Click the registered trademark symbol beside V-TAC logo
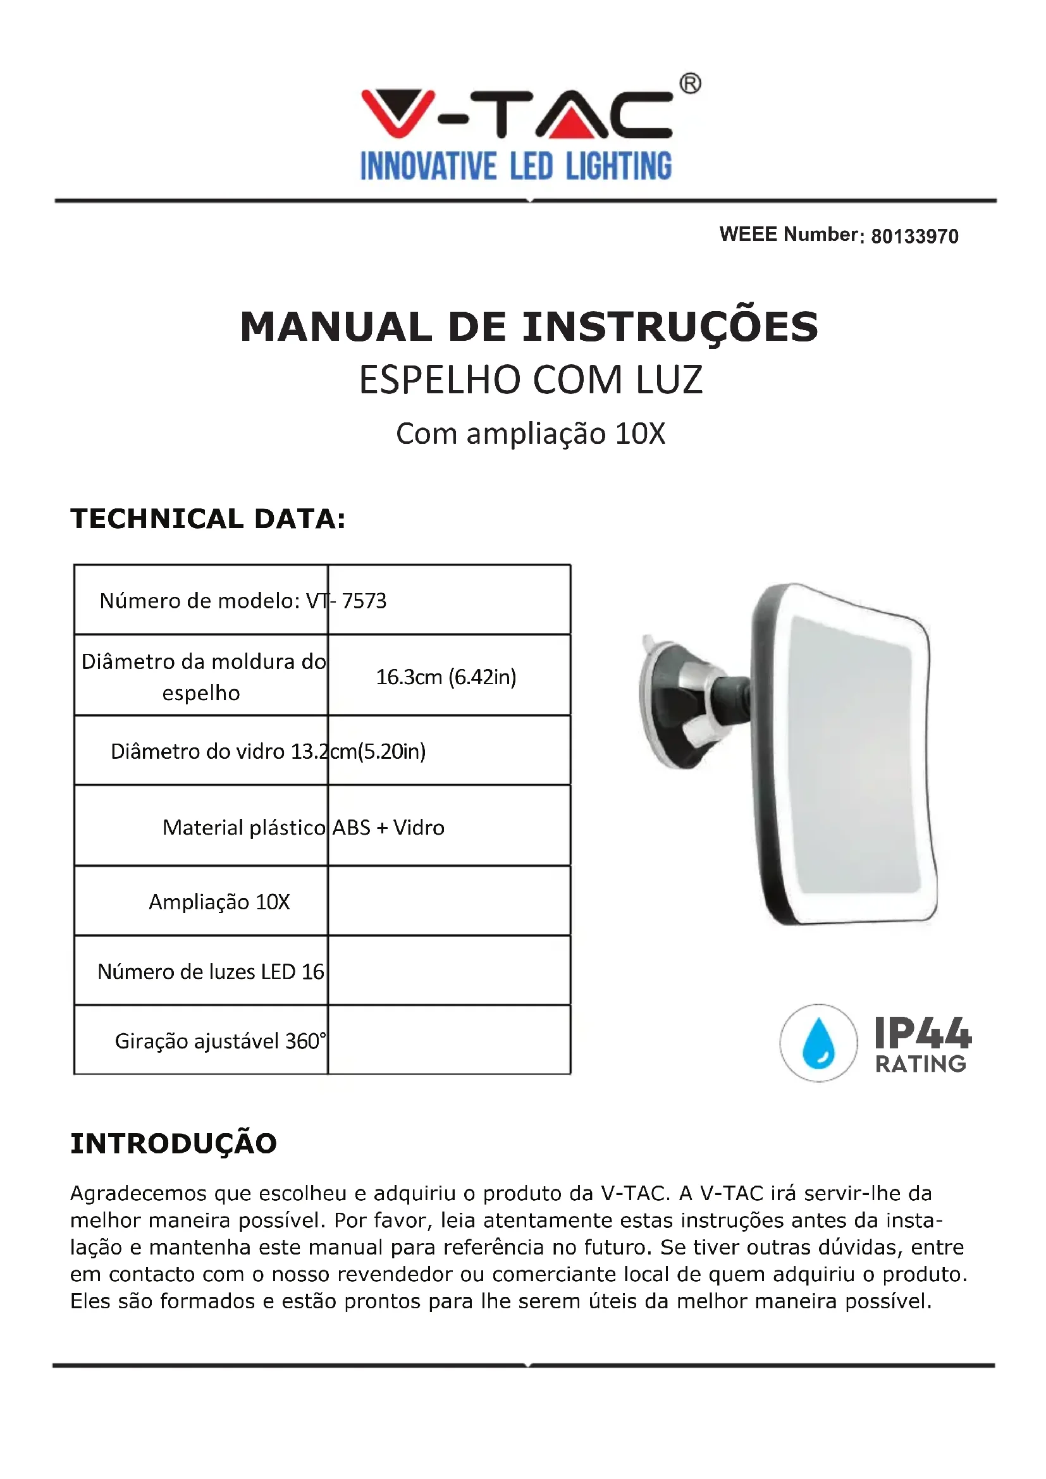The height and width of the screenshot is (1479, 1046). [x=690, y=83]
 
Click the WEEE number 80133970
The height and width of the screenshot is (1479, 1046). [x=914, y=236]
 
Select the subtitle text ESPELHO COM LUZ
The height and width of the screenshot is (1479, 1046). [x=530, y=380]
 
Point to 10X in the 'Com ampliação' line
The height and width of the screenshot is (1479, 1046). [x=639, y=434]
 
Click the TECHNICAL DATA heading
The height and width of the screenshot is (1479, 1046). [x=208, y=519]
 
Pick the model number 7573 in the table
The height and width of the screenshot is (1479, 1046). [x=364, y=601]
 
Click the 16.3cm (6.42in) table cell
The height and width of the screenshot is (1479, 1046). [x=446, y=677]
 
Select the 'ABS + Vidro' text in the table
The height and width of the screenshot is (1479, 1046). [x=388, y=828]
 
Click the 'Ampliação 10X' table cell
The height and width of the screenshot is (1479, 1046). [x=219, y=902]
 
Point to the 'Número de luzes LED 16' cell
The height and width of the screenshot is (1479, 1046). [x=211, y=971]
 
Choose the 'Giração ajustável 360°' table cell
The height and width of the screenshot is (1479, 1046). [x=219, y=1041]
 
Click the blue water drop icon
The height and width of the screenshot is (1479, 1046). [x=818, y=1042]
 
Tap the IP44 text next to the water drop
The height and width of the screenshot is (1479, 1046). [x=921, y=1033]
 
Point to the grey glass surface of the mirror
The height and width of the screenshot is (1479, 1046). [x=850, y=754]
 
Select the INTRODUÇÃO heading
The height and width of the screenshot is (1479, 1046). [x=173, y=1144]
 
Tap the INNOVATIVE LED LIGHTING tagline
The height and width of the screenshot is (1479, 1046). [x=516, y=166]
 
